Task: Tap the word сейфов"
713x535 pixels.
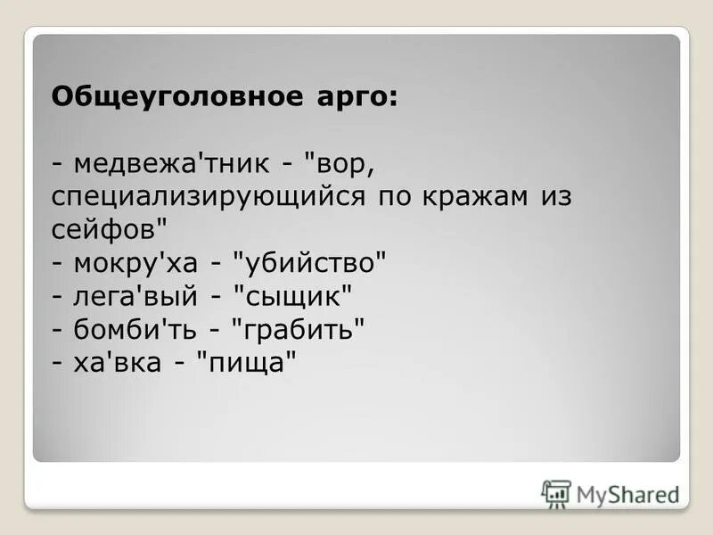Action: [x=109, y=229]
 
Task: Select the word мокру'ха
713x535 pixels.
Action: [x=139, y=263]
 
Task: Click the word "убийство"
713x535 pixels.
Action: [x=310, y=263]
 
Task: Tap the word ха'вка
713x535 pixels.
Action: [x=121, y=362]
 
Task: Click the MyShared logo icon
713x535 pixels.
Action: [x=556, y=493]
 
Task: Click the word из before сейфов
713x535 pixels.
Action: [x=553, y=197]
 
